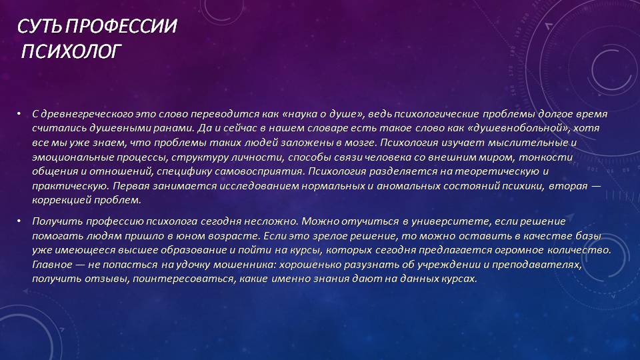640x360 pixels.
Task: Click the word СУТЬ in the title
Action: coord(39,26)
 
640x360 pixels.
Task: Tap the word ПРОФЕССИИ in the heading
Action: coord(121,26)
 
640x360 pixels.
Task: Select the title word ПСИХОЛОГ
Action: coord(71,51)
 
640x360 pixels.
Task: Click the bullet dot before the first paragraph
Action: coord(19,113)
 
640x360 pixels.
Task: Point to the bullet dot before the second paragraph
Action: coord(19,221)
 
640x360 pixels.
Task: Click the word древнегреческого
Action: coord(87,114)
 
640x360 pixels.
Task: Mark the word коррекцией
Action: coord(61,201)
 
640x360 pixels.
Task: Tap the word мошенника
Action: coord(245,265)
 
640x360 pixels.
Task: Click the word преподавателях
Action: coord(537,265)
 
